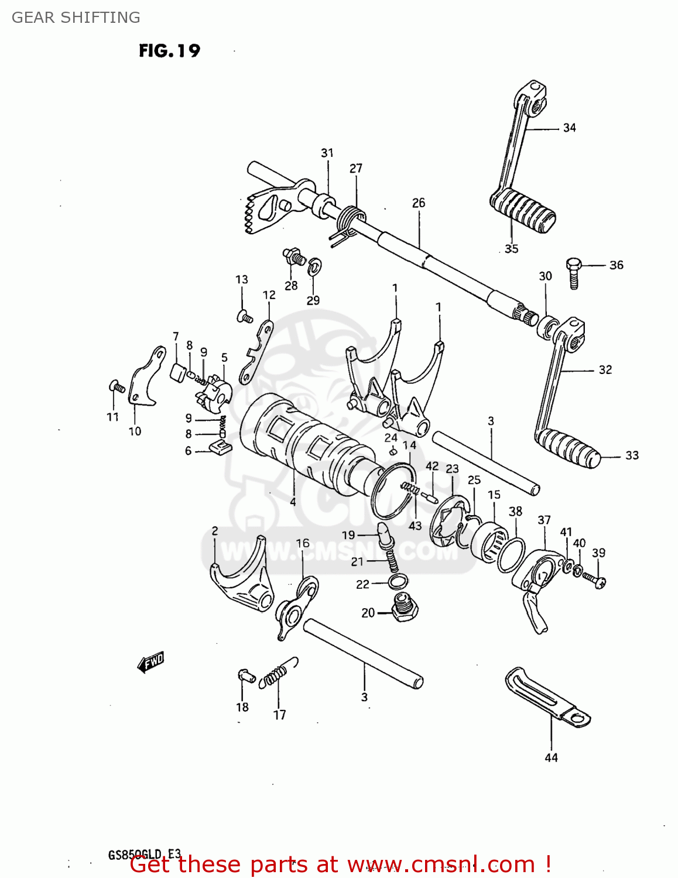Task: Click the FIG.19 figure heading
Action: pos(169,51)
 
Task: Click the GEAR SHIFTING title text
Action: pos(76,18)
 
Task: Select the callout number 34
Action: pos(569,128)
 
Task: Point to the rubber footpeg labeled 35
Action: pos(523,210)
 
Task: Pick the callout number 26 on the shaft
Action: pos(418,203)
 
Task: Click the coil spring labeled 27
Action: pos(350,220)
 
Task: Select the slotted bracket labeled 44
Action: pos(547,698)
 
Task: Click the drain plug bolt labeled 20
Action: pos(404,608)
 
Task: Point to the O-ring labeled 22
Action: pos(398,582)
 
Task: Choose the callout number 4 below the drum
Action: pos(292,502)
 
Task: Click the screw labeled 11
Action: pos(116,386)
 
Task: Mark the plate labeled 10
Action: pos(143,379)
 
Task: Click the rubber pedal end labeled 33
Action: pos(567,448)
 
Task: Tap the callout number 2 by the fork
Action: pos(215,531)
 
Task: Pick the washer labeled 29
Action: pos(315,267)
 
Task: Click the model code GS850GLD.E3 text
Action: pos(145,854)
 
